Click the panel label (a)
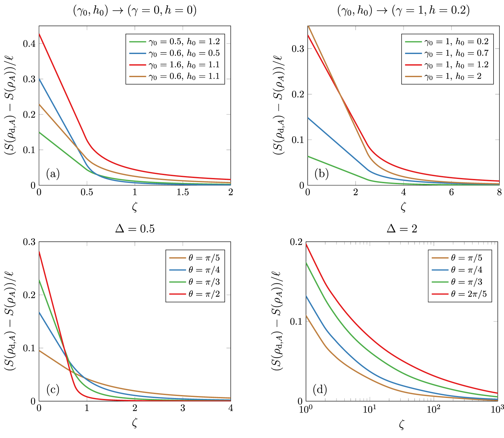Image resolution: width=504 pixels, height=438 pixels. click(x=53, y=174)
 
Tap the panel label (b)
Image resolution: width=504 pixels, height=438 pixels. click(x=322, y=174)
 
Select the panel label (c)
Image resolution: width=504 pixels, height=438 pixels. click(x=53, y=389)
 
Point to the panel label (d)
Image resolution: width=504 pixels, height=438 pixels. click(x=320, y=389)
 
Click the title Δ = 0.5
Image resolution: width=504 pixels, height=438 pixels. click(x=135, y=229)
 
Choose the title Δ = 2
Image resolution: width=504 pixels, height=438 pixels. click(x=402, y=229)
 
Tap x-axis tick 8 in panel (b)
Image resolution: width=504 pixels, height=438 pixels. click(x=499, y=193)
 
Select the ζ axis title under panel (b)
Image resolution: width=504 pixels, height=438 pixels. click(x=403, y=207)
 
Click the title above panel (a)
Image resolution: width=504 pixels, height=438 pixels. click(x=135, y=11)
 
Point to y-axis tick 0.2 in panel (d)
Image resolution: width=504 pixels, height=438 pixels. click(x=296, y=242)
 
